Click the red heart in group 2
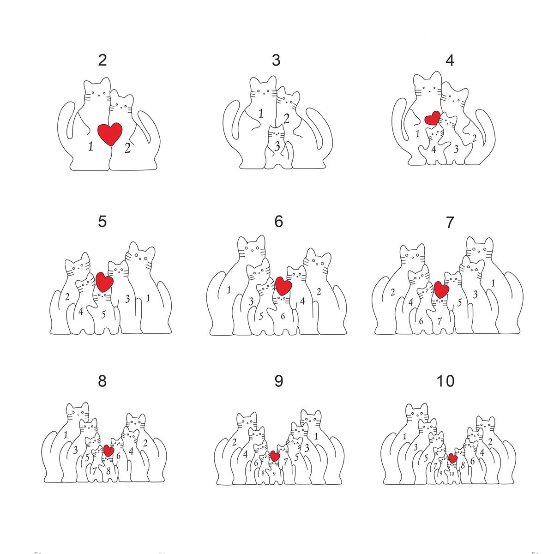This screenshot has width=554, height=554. pyautogui.click(x=110, y=134)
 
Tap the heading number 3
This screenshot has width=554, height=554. pyautogui.click(x=276, y=60)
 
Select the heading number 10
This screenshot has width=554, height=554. pyautogui.click(x=446, y=381)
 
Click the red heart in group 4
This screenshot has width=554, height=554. pyautogui.click(x=433, y=118)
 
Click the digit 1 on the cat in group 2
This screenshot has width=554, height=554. pyautogui.click(x=90, y=146)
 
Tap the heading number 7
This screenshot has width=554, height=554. pyautogui.click(x=450, y=223)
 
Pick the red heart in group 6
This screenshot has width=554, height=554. pyautogui.click(x=283, y=286)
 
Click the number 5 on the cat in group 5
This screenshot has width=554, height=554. pyautogui.click(x=103, y=314)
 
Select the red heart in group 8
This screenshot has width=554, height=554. pyautogui.click(x=108, y=451)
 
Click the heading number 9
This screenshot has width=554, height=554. pyautogui.click(x=278, y=381)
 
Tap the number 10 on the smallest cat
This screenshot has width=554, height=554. pyautogui.click(x=452, y=474)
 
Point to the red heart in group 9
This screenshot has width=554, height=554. pyautogui.click(x=275, y=456)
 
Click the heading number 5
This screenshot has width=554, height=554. pyautogui.click(x=102, y=222)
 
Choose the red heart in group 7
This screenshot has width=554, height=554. pyautogui.click(x=441, y=290)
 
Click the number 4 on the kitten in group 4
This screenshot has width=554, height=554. pyautogui.click(x=433, y=149)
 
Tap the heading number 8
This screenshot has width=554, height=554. pyautogui.click(x=102, y=381)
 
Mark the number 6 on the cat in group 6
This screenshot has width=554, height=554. pyautogui.click(x=283, y=317)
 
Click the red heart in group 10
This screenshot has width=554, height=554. pyautogui.click(x=453, y=458)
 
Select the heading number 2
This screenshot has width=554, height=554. pyautogui.click(x=102, y=60)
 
